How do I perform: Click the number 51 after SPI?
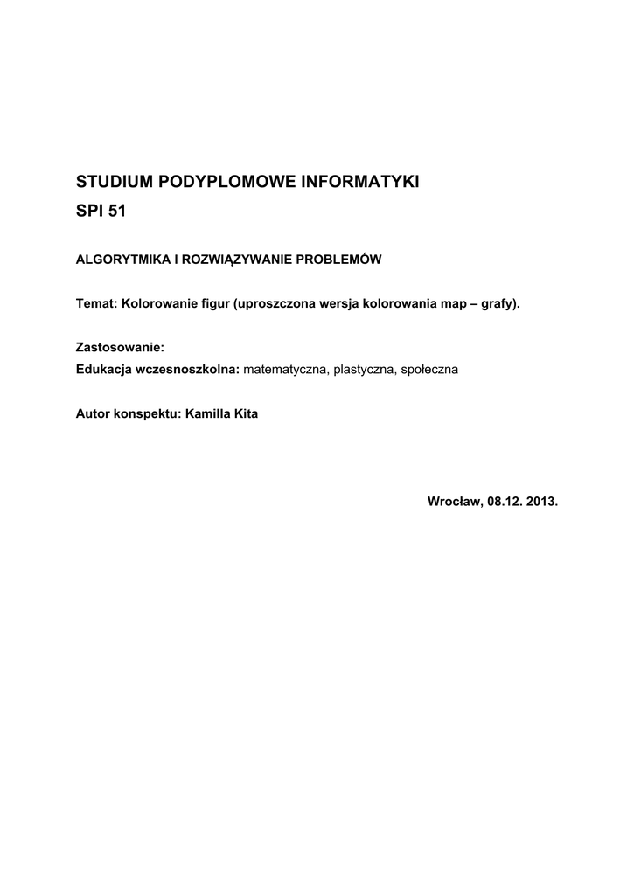[x=116, y=212]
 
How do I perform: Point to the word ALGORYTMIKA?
[x=122, y=260]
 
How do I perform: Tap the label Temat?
[x=97, y=304]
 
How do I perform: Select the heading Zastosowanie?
[x=121, y=348]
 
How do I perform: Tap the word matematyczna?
[x=285, y=370]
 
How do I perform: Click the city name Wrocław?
[x=455, y=503]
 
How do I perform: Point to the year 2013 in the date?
[x=542, y=503]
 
